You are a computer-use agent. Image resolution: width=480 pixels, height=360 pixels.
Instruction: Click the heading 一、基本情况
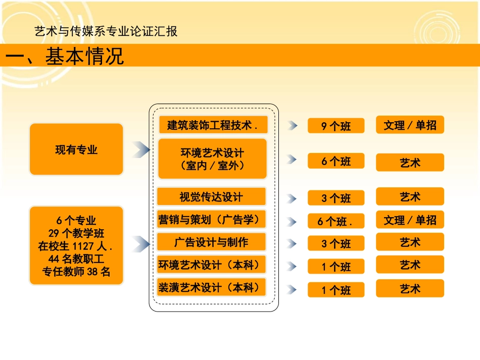(65, 56)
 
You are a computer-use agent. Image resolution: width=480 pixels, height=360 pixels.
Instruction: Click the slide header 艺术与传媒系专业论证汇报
(106, 31)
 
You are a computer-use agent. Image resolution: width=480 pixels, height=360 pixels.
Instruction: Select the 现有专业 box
(76, 149)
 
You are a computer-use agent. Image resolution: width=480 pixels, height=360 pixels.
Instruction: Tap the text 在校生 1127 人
(76, 247)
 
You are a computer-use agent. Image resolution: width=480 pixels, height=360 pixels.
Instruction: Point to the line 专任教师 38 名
(76, 272)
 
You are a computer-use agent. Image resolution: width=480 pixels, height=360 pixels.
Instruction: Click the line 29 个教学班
(76, 234)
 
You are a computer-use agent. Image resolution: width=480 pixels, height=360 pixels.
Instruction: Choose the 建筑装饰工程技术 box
(213, 125)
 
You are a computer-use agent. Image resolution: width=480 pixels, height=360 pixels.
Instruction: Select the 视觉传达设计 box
(211, 196)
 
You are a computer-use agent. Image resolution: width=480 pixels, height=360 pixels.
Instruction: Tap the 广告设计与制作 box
(211, 242)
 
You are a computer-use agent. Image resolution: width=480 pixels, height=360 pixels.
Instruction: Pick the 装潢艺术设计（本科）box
(211, 288)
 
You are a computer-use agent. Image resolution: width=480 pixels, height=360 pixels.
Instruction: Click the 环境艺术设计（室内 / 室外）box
(212, 159)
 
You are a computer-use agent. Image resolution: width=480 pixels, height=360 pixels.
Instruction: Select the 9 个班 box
(336, 126)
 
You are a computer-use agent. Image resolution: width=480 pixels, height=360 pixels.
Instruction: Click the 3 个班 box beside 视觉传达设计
(336, 198)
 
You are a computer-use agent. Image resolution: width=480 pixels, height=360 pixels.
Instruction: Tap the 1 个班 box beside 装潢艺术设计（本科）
(336, 290)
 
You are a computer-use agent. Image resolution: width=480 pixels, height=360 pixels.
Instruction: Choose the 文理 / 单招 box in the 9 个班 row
(410, 125)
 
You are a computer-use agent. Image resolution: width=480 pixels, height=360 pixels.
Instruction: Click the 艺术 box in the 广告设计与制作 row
(410, 242)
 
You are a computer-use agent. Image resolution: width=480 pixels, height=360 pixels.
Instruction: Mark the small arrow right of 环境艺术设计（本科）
(292, 266)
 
